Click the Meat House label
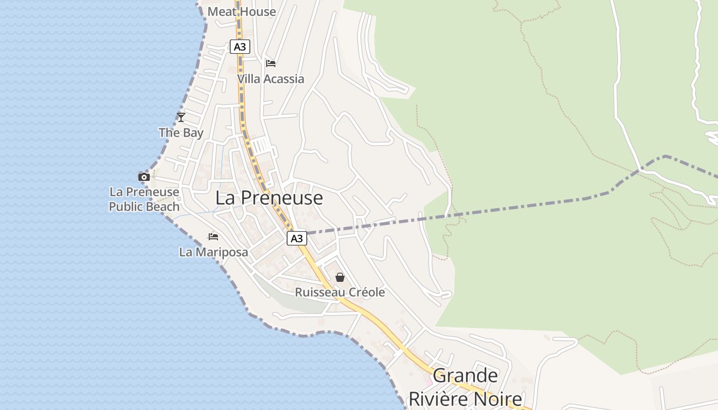coord(242,11)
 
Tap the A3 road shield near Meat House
coord(240,47)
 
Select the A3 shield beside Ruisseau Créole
coord(296,238)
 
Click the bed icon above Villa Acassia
coord(271,64)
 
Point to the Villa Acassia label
coord(270,79)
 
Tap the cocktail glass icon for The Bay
coord(181,117)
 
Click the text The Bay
coord(181,133)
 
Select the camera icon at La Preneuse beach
coord(144,177)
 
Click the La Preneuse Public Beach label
coord(144,199)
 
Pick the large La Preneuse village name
coord(269,198)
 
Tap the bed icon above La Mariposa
coord(213,237)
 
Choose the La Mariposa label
coord(213,252)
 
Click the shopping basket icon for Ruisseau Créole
coord(340,277)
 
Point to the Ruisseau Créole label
coord(340,293)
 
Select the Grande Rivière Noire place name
coord(465,387)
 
